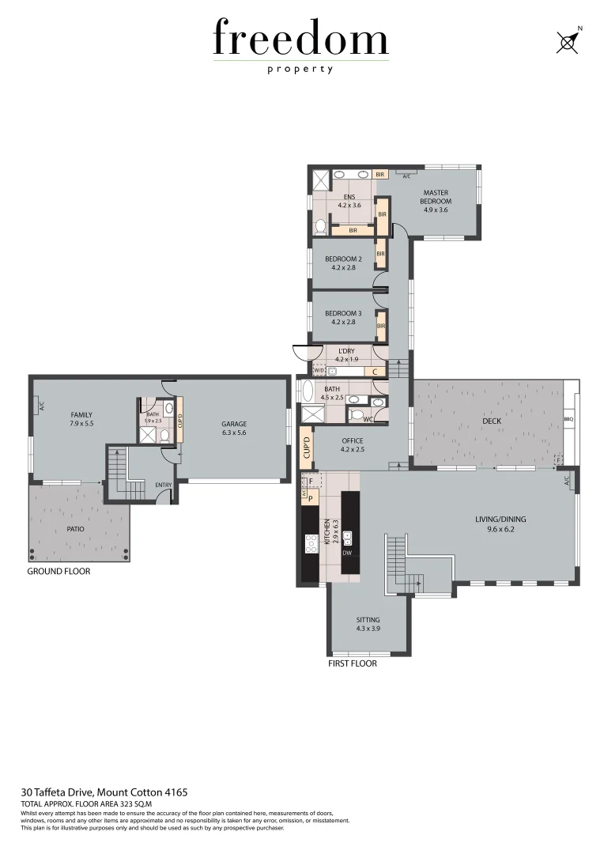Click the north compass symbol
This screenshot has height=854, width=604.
pyautogui.click(x=566, y=41)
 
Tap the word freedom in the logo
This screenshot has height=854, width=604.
pyautogui.click(x=300, y=40)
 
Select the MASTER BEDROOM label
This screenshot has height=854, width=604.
pyautogui.click(x=436, y=197)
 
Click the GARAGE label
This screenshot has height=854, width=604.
pyautogui.click(x=234, y=424)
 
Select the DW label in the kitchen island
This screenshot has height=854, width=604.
pyautogui.click(x=346, y=552)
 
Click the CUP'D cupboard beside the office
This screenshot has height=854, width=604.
pyautogui.click(x=306, y=448)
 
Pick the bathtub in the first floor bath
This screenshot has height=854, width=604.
pyautogui.click(x=305, y=391)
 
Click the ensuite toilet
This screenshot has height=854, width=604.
pyautogui.click(x=320, y=227)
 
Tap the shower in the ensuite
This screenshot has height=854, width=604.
pyautogui.click(x=321, y=178)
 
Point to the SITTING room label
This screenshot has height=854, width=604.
pyautogui.click(x=368, y=620)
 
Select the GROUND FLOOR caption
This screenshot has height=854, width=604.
pyautogui.click(x=59, y=571)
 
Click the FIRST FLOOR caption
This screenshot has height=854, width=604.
pyautogui.click(x=352, y=664)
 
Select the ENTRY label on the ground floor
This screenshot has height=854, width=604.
pyautogui.click(x=164, y=485)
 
